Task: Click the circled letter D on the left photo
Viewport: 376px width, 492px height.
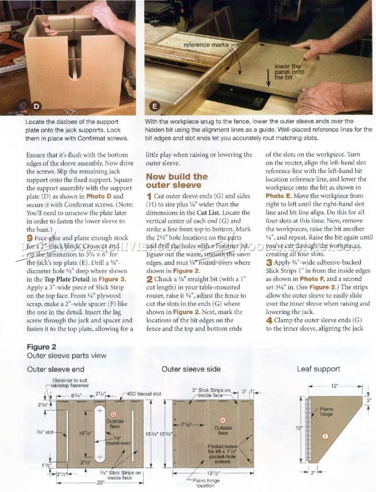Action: click(x=36, y=106)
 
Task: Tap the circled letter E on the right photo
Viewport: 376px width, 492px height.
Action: click(x=155, y=106)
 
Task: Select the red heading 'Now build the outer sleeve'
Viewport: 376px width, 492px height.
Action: click(x=176, y=181)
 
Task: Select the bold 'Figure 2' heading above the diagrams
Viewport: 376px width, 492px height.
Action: click(x=41, y=347)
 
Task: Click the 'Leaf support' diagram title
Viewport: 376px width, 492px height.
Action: click(x=318, y=369)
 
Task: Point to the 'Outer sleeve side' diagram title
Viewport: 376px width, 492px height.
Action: click(x=191, y=369)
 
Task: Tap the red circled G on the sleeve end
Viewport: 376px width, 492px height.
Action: click(x=113, y=414)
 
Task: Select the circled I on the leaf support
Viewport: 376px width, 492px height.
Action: click(x=326, y=436)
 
